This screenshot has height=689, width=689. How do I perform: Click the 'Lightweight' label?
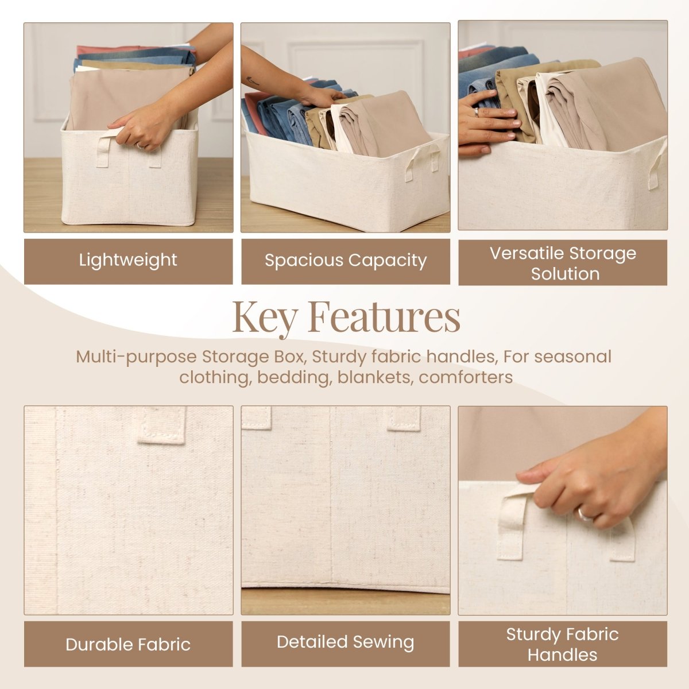coord(128,260)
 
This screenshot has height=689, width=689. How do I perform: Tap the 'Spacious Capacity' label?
coord(345,261)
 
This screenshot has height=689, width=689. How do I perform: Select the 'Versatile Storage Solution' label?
coord(563,263)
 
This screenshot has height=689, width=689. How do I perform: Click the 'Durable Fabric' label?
coord(128,644)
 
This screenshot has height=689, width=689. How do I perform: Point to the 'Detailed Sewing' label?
coord(345,642)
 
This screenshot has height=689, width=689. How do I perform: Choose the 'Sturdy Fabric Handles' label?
coord(563,644)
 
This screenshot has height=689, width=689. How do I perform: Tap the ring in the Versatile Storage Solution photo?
coord(475,112)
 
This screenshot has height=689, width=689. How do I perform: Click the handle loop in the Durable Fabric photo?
coord(162,426)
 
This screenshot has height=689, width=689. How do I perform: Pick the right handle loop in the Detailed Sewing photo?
coord(404,419)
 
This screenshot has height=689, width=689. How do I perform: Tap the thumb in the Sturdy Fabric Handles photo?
coord(531,476)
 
